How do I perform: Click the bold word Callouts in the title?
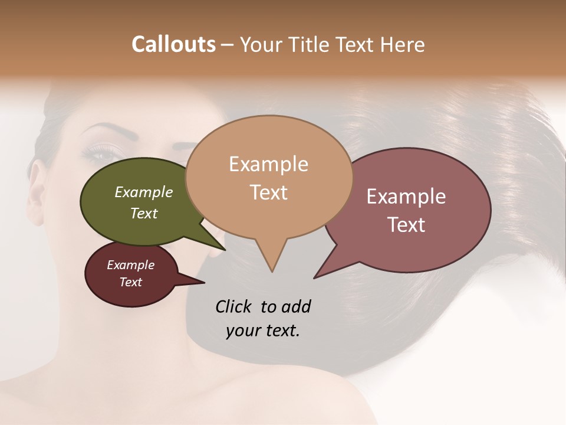point(173,44)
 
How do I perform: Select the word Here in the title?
point(403,44)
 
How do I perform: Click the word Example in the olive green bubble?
point(143,192)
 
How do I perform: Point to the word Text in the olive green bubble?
point(143,213)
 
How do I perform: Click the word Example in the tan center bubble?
point(268,164)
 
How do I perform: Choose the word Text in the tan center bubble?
point(268,192)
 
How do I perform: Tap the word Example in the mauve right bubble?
point(406,197)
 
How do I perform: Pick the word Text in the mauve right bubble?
point(406,225)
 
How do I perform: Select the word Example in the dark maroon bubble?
point(130,265)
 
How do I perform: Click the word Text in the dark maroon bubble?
point(130,282)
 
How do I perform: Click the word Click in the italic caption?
point(234,307)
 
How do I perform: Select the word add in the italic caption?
point(295,307)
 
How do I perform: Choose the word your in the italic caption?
point(242,331)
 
